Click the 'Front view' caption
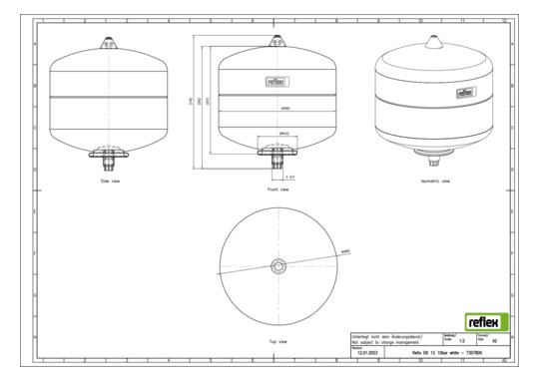pos(278,188)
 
